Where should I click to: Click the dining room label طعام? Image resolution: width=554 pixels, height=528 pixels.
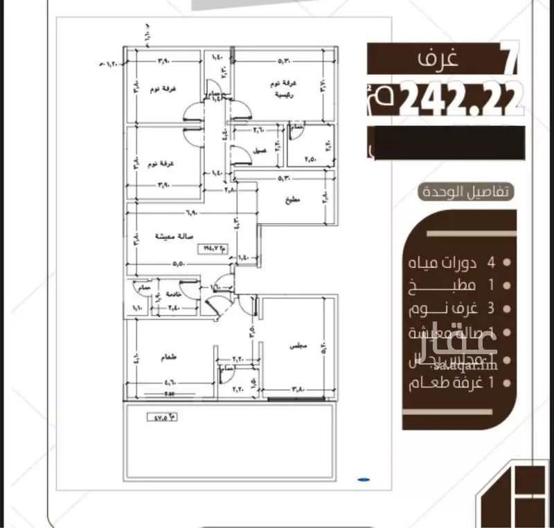[168, 358]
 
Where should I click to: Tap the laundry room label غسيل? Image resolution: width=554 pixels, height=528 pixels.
[260, 150]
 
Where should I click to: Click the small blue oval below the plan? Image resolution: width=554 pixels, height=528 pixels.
[364, 478]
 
